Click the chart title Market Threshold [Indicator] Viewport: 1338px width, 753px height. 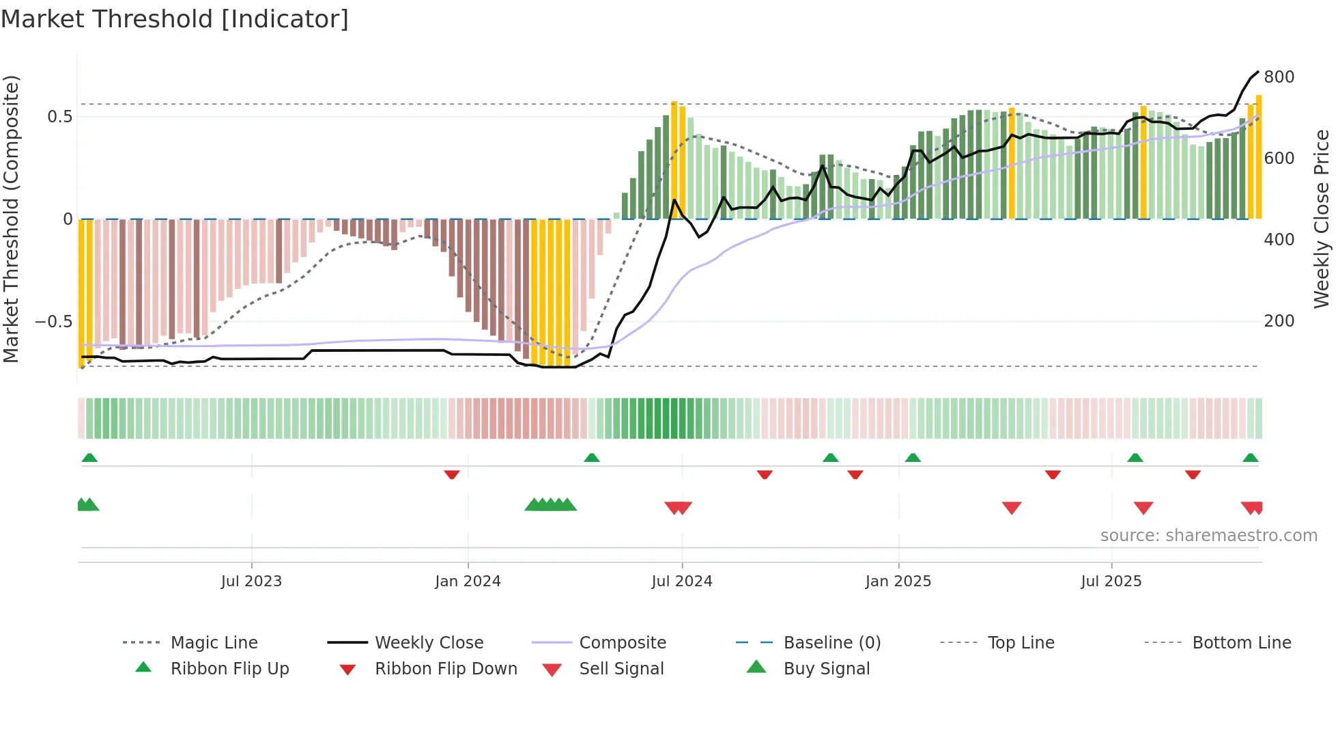pyautogui.click(x=175, y=19)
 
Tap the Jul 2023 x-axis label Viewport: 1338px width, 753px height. pyautogui.click(x=251, y=581)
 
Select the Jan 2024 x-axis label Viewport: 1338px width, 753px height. pyautogui.click(x=468, y=581)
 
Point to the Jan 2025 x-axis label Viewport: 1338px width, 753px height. pyautogui.click(x=898, y=581)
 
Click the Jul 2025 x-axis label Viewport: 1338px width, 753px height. pyautogui.click(x=1111, y=581)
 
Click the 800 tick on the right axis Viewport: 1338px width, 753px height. pyautogui.click(x=1279, y=77)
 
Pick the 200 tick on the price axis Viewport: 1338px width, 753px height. pyautogui.click(x=1279, y=321)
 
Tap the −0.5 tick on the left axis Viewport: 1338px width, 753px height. pyautogui.click(x=54, y=321)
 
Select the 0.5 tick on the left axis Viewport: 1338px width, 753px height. pyautogui.click(x=60, y=117)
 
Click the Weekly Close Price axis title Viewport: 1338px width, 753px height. pyautogui.click(x=1322, y=219)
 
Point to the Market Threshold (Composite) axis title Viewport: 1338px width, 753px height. pyautogui.click(x=12, y=219)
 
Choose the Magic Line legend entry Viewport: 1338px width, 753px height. pyautogui.click(x=214, y=643)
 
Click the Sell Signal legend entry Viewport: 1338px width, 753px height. pyautogui.click(x=621, y=669)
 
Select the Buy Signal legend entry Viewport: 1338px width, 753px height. pyautogui.click(x=826, y=669)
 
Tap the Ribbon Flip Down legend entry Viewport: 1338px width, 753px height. pyautogui.click(x=446, y=669)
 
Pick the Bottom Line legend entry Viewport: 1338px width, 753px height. pyautogui.click(x=1241, y=643)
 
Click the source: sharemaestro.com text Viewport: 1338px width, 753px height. pyautogui.click(x=1208, y=536)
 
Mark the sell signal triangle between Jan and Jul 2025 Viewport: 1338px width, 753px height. pyautogui.click(x=1011, y=507)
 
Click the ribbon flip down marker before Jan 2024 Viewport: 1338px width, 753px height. pyautogui.click(x=451, y=474)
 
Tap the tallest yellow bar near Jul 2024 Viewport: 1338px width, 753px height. pyautogui.click(x=674, y=161)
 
